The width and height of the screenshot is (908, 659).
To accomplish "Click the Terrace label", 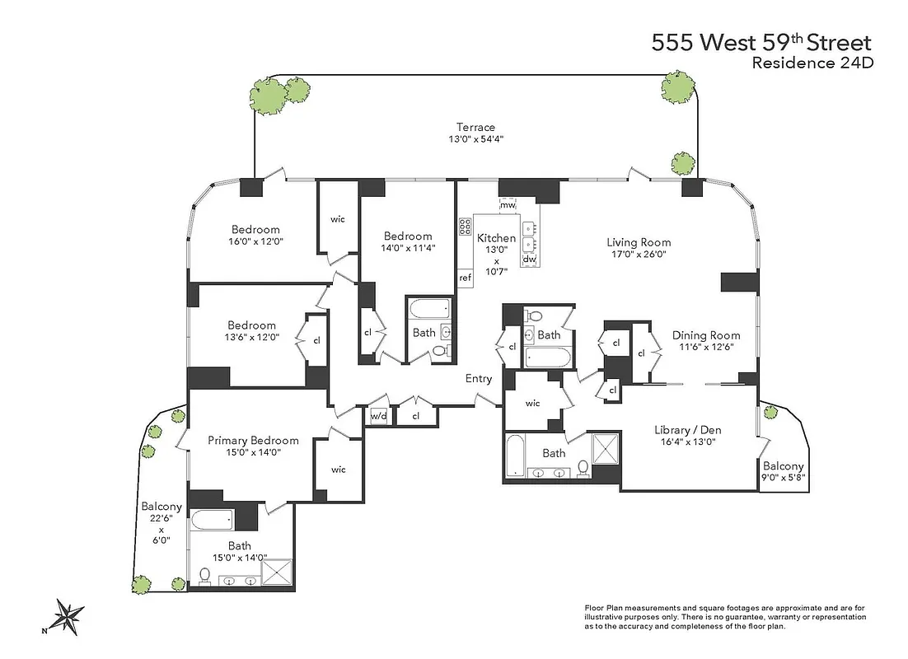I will point(475,127).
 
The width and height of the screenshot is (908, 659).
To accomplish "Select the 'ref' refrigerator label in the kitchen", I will point(465,278).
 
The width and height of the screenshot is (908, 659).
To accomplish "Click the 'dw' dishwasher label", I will point(529,259).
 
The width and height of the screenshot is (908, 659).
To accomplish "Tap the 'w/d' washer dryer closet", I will point(378,416).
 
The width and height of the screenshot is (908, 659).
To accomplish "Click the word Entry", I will point(479,379).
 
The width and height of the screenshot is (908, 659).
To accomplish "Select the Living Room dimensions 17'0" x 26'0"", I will point(639,255).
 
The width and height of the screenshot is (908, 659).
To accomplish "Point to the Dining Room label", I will point(705,335).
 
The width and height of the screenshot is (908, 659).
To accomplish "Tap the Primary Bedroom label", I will point(253,440).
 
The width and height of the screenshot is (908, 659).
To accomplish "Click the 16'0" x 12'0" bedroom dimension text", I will point(255,242).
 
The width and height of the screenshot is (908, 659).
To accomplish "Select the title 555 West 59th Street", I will point(761,43).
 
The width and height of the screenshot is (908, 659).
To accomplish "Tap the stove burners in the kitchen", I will point(465,227).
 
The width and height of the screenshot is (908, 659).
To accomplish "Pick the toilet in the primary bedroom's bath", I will point(204,575).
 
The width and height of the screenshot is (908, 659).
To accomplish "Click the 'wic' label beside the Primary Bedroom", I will point(338,470).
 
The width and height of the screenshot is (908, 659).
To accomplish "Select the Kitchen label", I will point(496,238).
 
